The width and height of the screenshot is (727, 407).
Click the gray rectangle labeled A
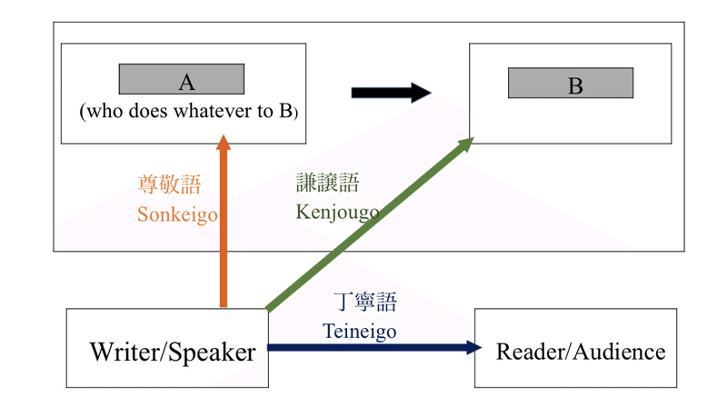(182, 80)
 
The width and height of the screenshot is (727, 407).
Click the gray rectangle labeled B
(570, 84)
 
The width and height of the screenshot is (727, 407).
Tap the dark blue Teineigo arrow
(373, 346)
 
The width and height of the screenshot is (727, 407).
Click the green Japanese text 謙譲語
(328, 183)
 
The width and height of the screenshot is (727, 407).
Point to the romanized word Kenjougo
(336, 212)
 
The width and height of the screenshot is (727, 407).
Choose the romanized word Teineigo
(360, 331)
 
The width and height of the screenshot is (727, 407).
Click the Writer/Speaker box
(166, 349)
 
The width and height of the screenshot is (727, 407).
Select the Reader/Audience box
(575, 349)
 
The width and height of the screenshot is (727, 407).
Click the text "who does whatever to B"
(188, 112)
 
